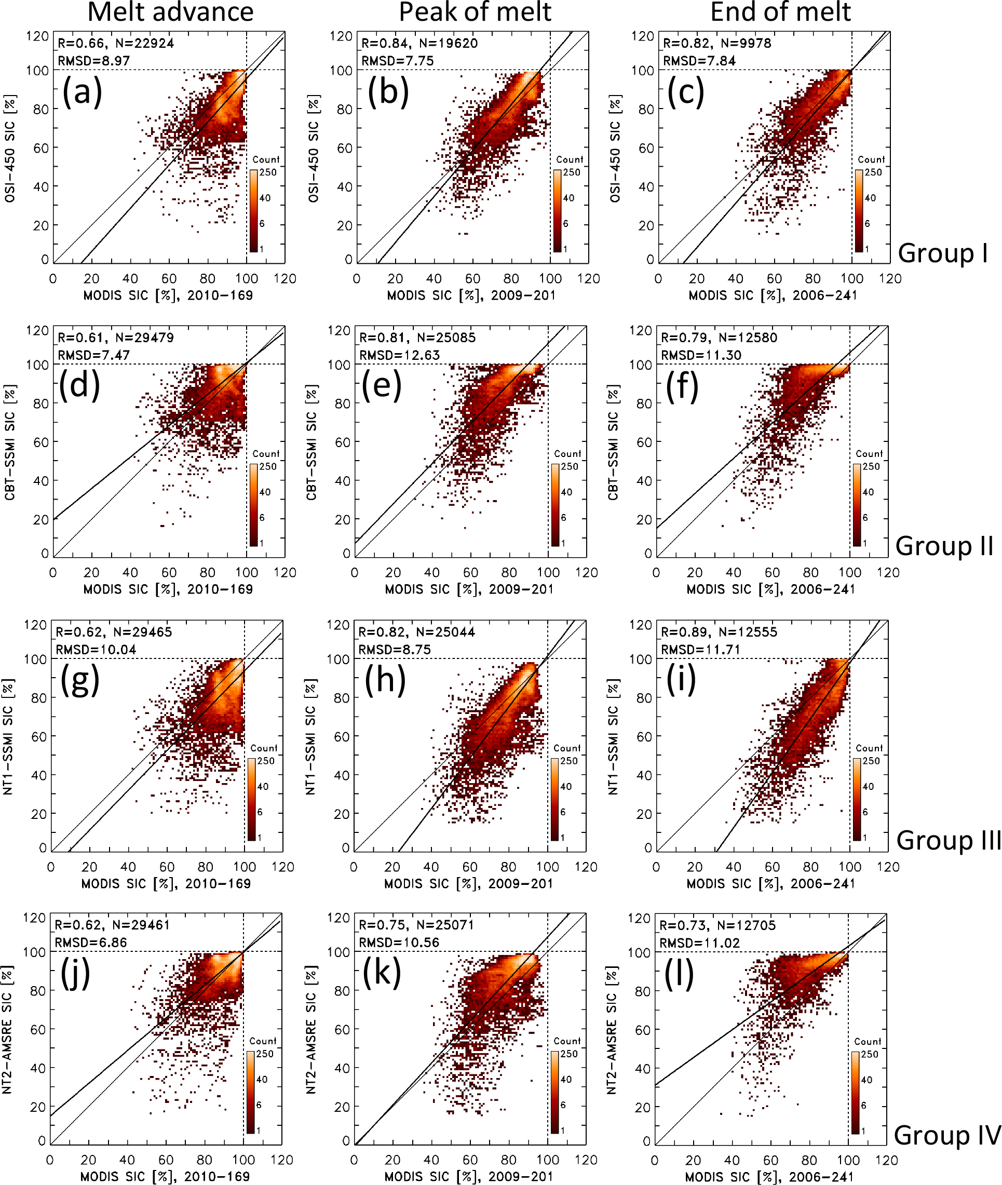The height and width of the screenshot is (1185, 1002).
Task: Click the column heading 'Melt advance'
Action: [x=170, y=12]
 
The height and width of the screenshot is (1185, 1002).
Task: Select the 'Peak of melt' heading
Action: [x=475, y=12]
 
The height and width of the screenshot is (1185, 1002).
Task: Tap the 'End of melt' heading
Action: [x=780, y=12]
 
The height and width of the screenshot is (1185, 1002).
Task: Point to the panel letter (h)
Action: [x=385, y=679]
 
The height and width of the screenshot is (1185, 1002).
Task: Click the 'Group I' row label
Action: [x=942, y=253]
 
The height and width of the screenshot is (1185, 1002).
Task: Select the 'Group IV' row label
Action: [x=946, y=1135]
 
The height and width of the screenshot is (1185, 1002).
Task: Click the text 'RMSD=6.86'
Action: [x=90, y=942]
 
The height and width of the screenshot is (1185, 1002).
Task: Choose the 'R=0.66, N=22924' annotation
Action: [x=116, y=43]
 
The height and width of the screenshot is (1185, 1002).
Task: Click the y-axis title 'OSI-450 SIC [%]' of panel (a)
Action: [x=10, y=149]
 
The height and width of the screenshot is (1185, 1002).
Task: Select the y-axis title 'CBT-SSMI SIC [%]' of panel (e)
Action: [x=312, y=442]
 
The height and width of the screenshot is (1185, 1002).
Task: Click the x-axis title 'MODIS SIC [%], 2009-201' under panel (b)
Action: [x=471, y=295]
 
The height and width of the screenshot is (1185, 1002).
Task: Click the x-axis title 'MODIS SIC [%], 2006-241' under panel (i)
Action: [x=771, y=883]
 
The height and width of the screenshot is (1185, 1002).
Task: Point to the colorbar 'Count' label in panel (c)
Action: [x=871, y=159]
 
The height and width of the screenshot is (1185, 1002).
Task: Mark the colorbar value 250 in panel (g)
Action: [x=265, y=761]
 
